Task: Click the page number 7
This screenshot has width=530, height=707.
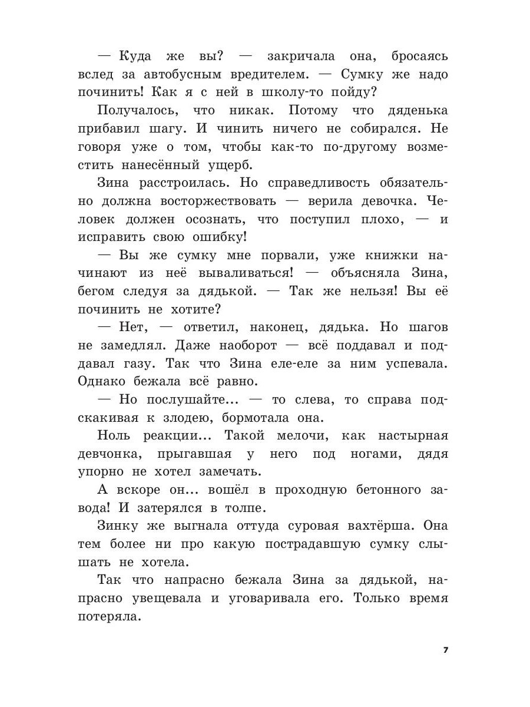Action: click(445, 650)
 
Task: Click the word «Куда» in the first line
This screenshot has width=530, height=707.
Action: click(135, 56)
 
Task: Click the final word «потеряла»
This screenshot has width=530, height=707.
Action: click(110, 617)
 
